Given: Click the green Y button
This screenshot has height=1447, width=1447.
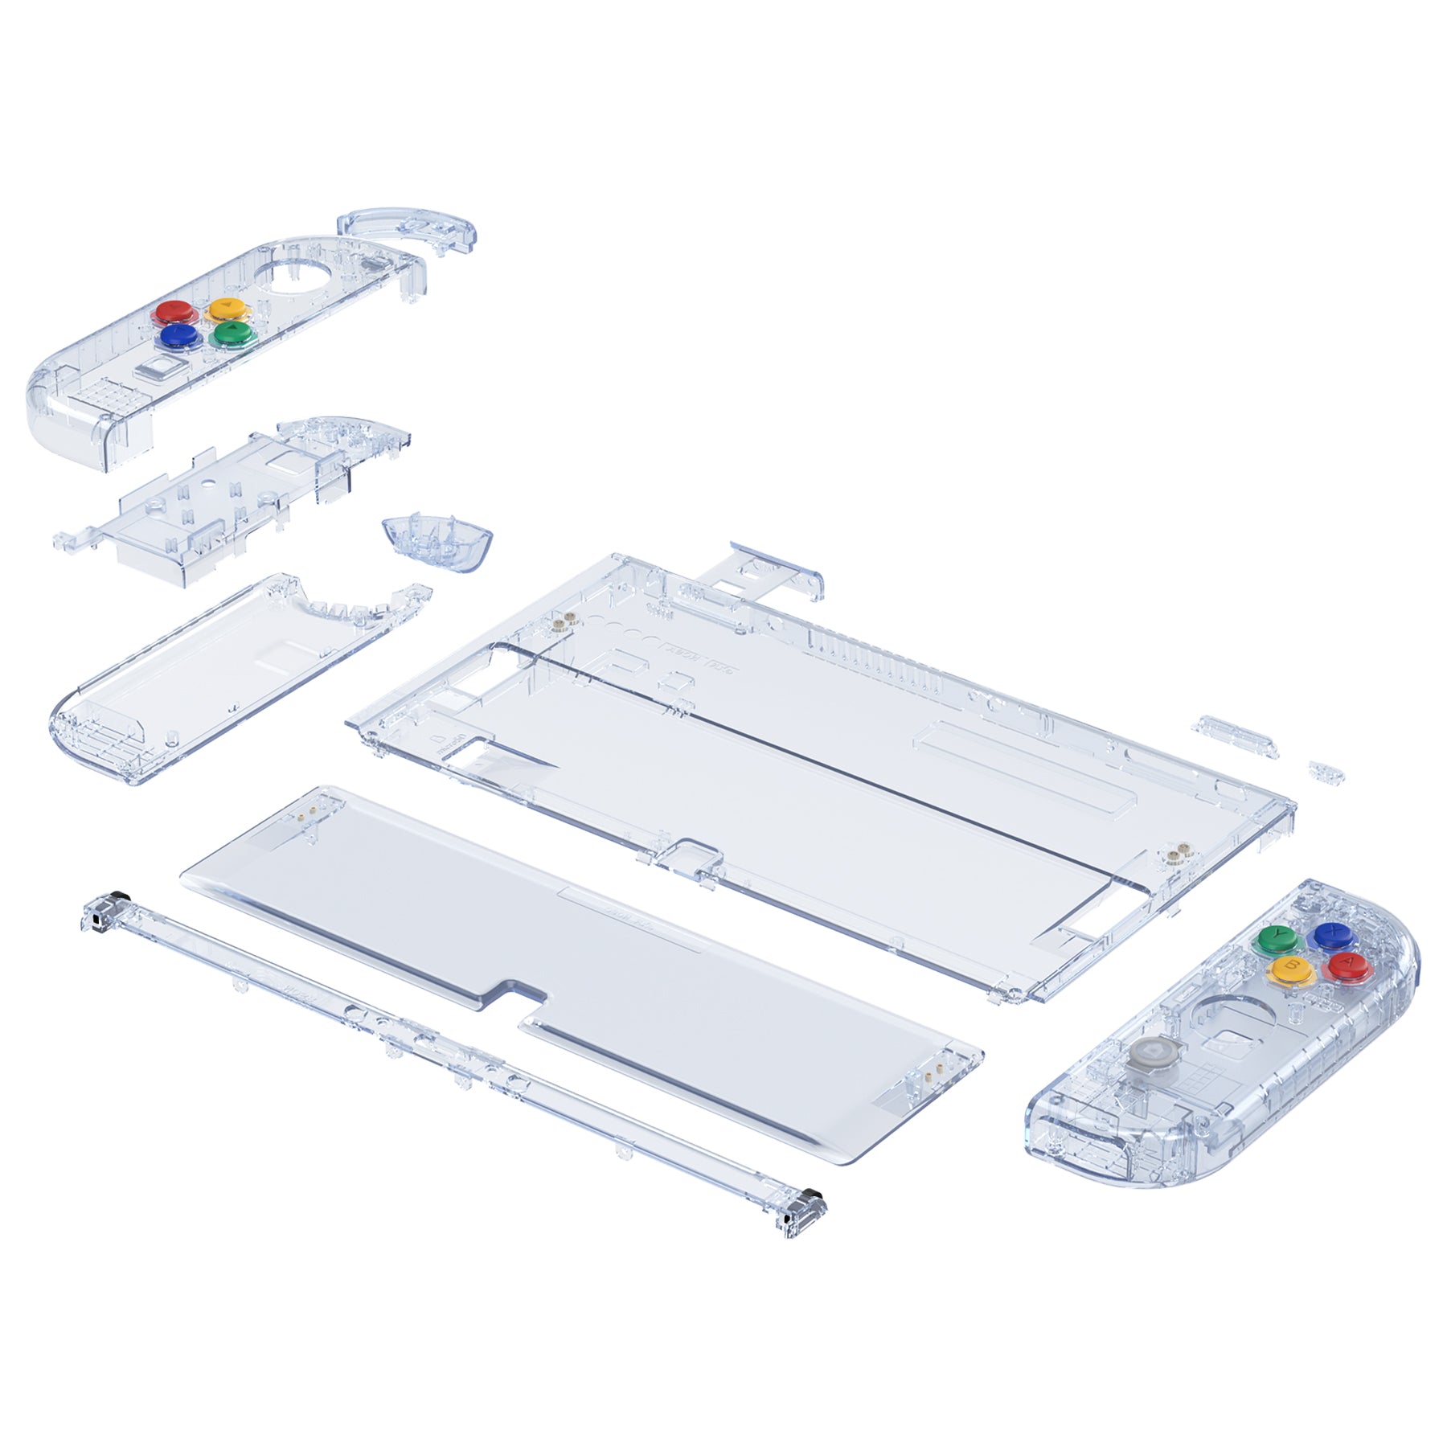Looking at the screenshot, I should [x=1276, y=937].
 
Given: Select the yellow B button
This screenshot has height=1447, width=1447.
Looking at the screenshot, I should [x=1290, y=967].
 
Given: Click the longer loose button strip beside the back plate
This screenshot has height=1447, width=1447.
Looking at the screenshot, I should [x=1236, y=736].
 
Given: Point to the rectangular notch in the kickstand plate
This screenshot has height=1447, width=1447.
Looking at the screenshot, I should [x=514, y=994].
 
